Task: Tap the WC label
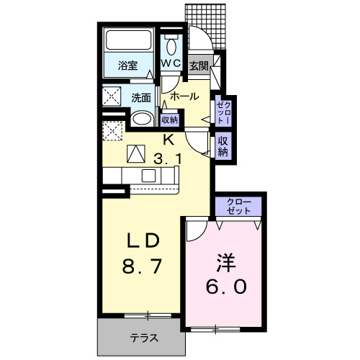pyautogui.click(x=171, y=64)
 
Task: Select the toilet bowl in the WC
pyautogui.click(x=171, y=46)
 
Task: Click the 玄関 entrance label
pyautogui.click(x=199, y=66)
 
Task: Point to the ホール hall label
pyautogui.click(x=184, y=96)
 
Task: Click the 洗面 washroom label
pyautogui.click(x=140, y=97)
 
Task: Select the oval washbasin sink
pyautogui.click(x=142, y=119)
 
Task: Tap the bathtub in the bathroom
pyautogui.click(x=127, y=42)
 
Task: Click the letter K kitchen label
pyautogui.click(x=167, y=139)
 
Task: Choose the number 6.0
pyautogui.click(x=228, y=286)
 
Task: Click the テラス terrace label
pyautogui.click(x=144, y=337)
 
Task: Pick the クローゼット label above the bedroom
pyautogui.click(x=239, y=206)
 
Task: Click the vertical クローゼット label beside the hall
pyautogui.click(x=222, y=112)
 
